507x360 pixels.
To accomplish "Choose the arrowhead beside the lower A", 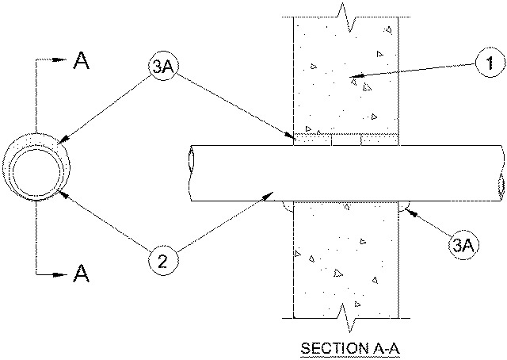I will (x=62, y=274).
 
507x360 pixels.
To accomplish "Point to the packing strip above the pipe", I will (x=345, y=140).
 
